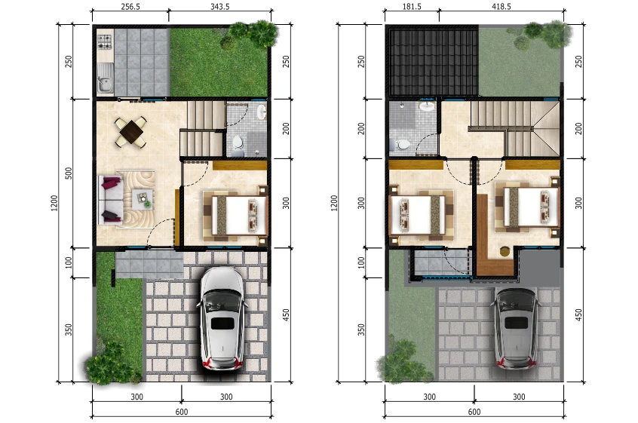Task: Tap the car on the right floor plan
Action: tap(516, 324)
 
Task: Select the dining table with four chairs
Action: tap(132, 132)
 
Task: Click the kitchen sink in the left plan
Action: tap(105, 78)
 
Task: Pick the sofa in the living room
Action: tap(110, 199)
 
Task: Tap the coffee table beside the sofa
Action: tap(143, 198)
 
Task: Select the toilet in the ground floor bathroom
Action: tap(238, 142)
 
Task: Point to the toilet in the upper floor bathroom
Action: tap(403, 143)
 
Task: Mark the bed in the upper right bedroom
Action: tap(527, 206)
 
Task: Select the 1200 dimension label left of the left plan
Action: tap(54, 204)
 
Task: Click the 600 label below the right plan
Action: tap(474, 412)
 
